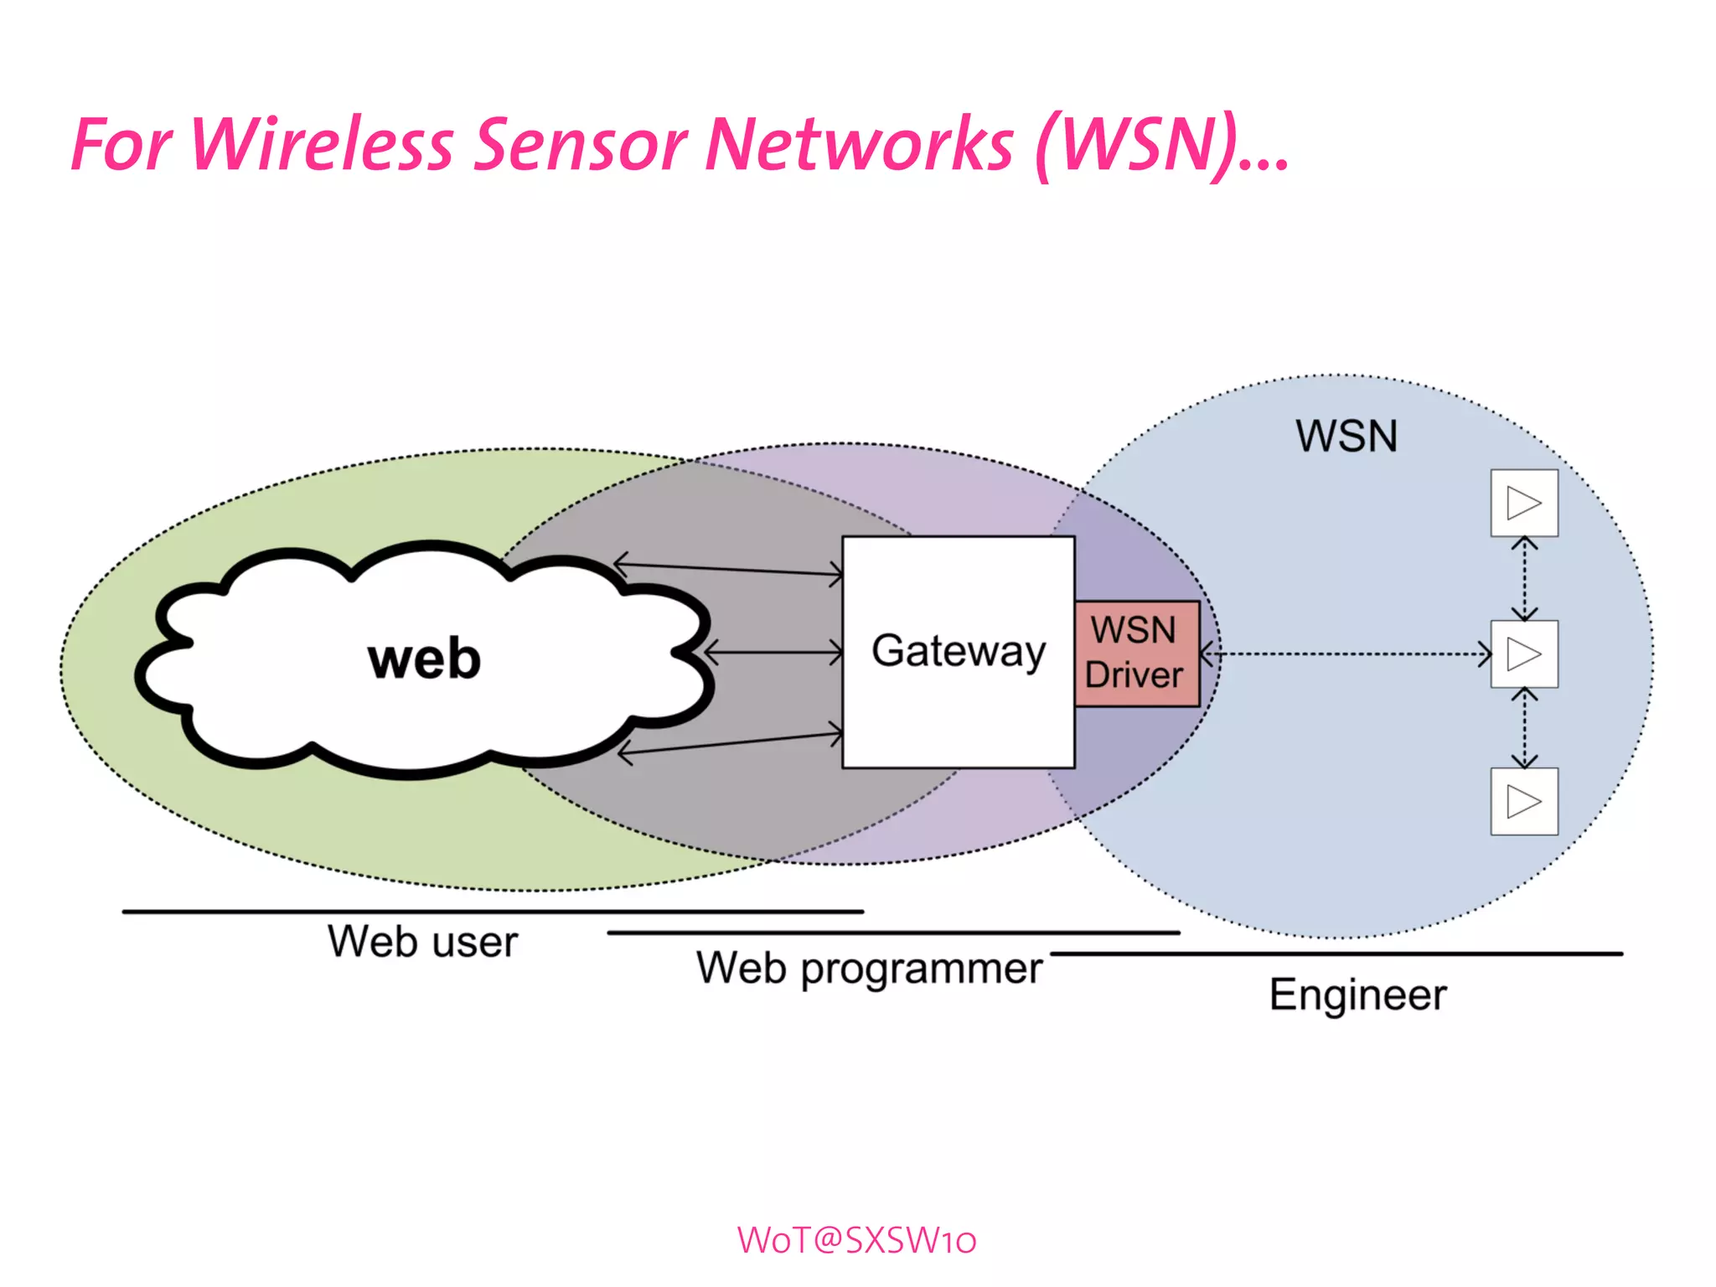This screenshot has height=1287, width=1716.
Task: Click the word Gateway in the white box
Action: point(959,652)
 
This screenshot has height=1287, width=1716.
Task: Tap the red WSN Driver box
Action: point(1136,654)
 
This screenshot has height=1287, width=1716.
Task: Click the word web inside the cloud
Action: point(424,659)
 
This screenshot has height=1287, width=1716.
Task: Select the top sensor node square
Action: point(1524,503)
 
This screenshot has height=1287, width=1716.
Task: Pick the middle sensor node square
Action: point(1524,654)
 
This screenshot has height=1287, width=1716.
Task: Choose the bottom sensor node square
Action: point(1524,802)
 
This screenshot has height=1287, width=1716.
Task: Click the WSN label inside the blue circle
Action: point(1346,437)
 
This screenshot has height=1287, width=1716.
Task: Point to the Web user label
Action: point(423,942)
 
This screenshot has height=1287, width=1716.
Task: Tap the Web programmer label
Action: point(870,969)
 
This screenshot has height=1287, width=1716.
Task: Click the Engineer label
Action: point(1357,995)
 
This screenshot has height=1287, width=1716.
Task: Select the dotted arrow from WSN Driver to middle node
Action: point(1346,654)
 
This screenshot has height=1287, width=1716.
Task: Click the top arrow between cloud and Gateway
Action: point(729,569)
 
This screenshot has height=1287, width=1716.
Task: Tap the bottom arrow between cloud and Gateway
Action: point(731,744)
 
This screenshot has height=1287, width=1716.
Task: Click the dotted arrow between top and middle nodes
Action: point(1524,579)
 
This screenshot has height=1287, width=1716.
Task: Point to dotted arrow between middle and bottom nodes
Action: point(1524,727)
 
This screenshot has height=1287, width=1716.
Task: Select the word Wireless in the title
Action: point(322,145)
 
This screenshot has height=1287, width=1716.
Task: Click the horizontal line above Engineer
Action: point(1336,954)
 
